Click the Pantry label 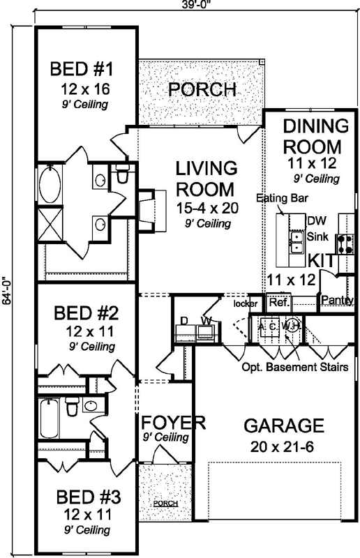point(336,301)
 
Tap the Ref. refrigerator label point(278,303)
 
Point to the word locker point(246,304)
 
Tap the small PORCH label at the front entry point(165,503)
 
